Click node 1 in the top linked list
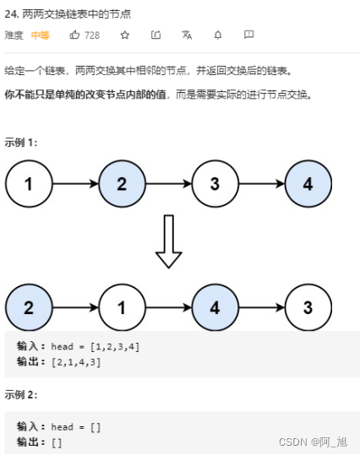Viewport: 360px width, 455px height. pyautogui.click(x=29, y=184)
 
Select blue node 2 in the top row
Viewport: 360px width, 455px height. pyautogui.click(x=122, y=184)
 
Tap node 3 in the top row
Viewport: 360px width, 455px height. pyautogui.click(x=215, y=184)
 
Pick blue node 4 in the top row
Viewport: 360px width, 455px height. pyautogui.click(x=308, y=184)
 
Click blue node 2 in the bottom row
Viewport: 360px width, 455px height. pyautogui.click(x=29, y=308)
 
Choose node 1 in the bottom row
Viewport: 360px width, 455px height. pyautogui.click(x=122, y=308)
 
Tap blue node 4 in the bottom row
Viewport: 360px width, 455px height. pyautogui.click(x=215, y=308)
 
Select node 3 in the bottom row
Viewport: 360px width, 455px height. pyautogui.click(x=308, y=308)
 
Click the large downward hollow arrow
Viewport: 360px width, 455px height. pyautogui.click(x=169, y=241)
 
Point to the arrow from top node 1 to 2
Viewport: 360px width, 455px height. pyautogui.click(x=75, y=184)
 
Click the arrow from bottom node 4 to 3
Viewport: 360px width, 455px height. pyautogui.click(x=261, y=308)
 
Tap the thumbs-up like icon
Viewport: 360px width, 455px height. pyautogui.click(x=75, y=35)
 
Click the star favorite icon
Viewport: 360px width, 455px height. pyautogui.click(x=125, y=35)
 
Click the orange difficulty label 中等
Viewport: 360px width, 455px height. pyautogui.click(x=40, y=35)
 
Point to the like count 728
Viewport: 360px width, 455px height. pyautogui.click(x=92, y=35)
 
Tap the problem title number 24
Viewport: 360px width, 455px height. pyautogui.click(x=11, y=12)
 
